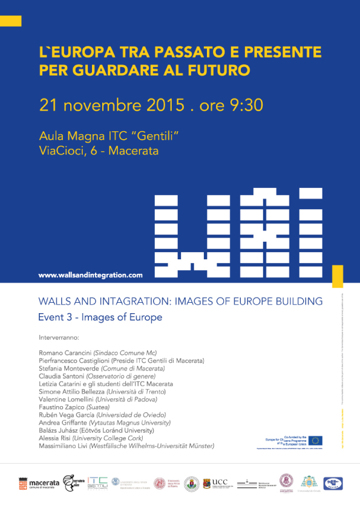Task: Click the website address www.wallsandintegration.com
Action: (x=90, y=275)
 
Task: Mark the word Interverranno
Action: (x=59, y=336)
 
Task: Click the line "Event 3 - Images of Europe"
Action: (x=100, y=316)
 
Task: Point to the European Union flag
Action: (x=315, y=441)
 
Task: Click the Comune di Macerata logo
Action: (x=40, y=482)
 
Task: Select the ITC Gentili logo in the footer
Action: (x=97, y=482)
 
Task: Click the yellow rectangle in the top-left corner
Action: (x=10, y=21)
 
